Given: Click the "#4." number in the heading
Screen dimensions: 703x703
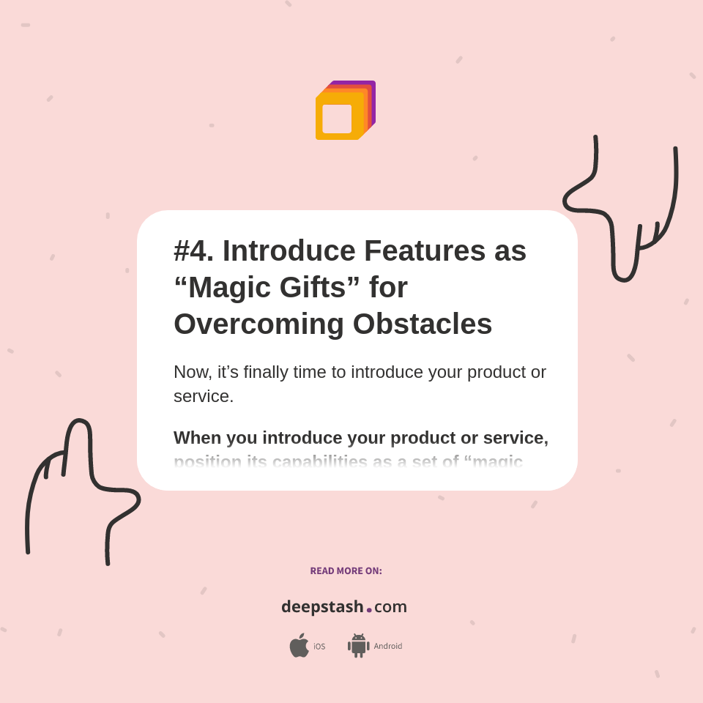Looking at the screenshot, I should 193,251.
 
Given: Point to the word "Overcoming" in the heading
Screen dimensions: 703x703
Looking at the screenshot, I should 258,324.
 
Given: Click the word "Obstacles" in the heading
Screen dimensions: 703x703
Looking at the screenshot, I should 423,324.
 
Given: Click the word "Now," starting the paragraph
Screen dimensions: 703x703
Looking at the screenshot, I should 193,372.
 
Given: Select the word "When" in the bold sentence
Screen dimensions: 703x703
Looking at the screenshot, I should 197,438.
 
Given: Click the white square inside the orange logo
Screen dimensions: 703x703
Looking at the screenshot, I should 337,119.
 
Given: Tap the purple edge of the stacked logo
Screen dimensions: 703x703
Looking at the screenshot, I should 373,99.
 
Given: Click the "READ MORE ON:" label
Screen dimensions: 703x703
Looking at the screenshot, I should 346,571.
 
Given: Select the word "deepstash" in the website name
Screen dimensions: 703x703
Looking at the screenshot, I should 322,607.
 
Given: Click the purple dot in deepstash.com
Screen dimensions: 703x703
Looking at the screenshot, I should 369,609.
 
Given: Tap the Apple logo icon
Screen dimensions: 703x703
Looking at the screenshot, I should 299,645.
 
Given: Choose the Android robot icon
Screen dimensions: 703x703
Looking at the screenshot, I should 358,646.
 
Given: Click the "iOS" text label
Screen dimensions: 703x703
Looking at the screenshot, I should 319,647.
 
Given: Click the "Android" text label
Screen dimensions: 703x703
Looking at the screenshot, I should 388,647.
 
